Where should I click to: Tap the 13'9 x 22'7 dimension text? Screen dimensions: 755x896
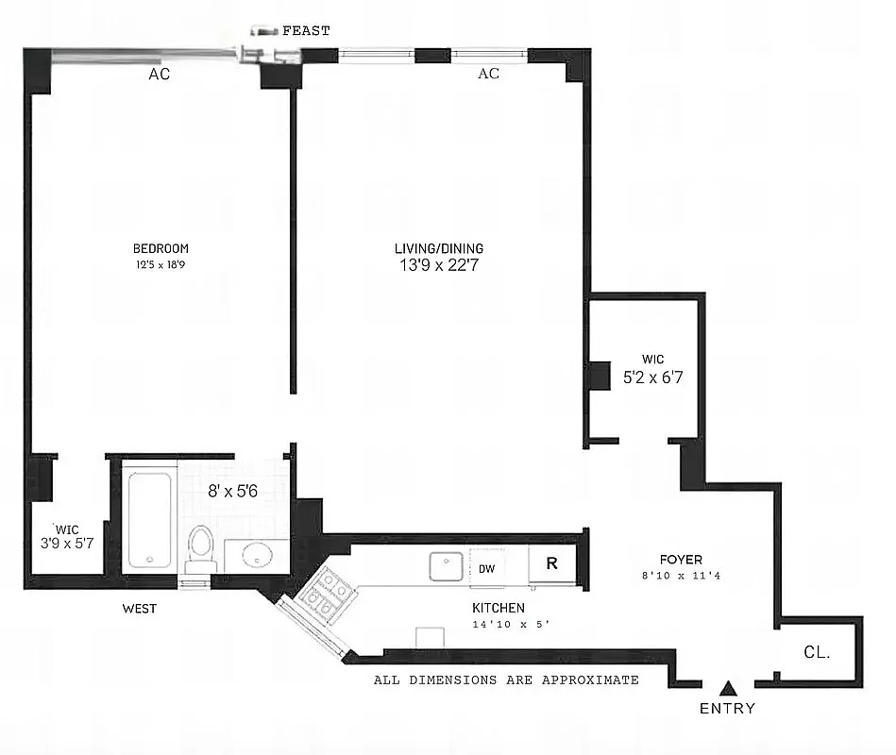point(439,266)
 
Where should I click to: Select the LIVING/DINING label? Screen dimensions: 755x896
point(439,248)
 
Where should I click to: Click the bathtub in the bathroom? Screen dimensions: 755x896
point(149,520)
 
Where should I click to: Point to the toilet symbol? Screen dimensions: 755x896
point(200,547)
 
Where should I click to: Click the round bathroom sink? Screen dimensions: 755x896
point(257,557)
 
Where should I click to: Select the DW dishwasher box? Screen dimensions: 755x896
point(487,568)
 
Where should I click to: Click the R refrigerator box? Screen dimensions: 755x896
point(553,565)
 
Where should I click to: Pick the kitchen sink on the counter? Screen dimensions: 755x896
point(447,566)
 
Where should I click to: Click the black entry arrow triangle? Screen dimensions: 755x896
point(727,688)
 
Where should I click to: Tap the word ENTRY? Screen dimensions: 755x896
point(727,708)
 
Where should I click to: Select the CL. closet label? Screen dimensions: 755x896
point(817,650)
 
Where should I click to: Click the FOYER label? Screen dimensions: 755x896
point(682,559)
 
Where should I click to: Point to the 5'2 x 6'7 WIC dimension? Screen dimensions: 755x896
point(652,377)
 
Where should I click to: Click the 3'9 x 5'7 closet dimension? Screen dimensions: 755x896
point(66,544)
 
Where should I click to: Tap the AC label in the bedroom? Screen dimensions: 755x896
point(159,75)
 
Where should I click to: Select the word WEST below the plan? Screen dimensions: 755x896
point(139,609)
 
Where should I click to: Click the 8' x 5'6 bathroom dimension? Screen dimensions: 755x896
point(235,491)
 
